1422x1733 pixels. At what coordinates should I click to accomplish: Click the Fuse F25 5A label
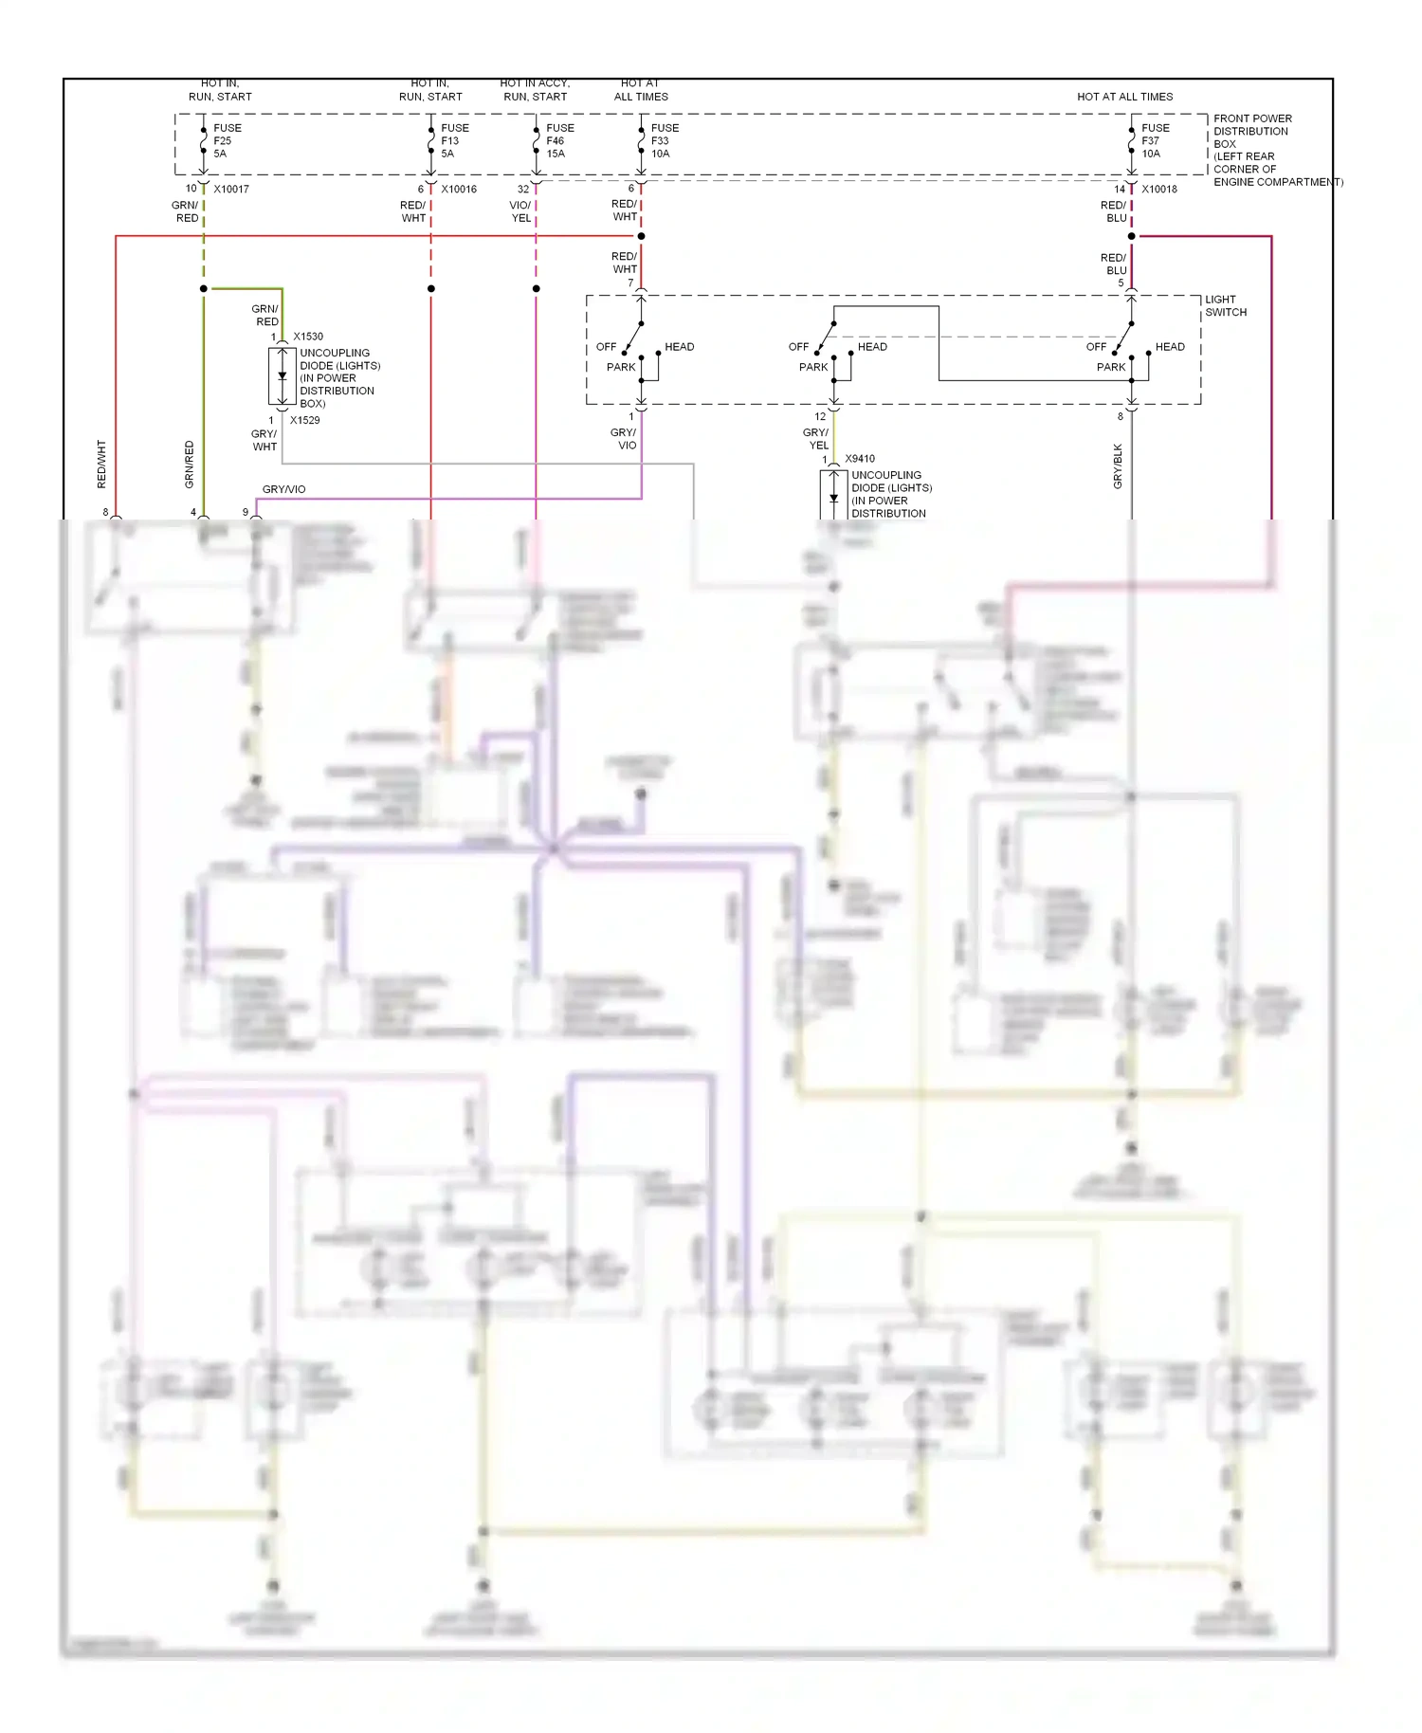(227, 140)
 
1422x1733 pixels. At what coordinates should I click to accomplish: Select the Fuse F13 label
(454, 140)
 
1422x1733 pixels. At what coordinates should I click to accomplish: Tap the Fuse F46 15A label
(559, 140)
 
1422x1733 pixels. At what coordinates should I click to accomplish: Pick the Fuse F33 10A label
(665, 140)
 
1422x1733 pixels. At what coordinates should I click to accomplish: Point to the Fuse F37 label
(1155, 140)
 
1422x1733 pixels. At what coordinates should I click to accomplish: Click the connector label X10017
(231, 189)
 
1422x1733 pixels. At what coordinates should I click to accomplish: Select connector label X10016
(459, 189)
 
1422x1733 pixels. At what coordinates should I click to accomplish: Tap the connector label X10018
(1159, 189)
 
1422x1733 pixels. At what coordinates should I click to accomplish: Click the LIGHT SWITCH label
(1226, 305)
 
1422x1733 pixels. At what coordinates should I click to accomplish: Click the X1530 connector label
(308, 337)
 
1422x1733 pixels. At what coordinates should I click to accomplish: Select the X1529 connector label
(305, 420)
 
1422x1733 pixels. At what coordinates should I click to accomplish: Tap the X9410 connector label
(860, 459)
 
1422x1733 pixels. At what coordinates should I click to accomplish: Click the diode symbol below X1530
(283, 376)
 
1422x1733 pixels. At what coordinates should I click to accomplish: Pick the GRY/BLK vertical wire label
(1118, 466)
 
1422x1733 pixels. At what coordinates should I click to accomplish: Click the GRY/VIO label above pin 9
(283, 489)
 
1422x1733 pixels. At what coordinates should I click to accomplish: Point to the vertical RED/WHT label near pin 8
(101, 465)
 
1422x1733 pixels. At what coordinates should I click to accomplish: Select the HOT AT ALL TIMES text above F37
(1124, 97)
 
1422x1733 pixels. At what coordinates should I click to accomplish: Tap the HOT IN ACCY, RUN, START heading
(535, 90)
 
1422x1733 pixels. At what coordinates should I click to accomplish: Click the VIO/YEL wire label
(520, 211)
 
